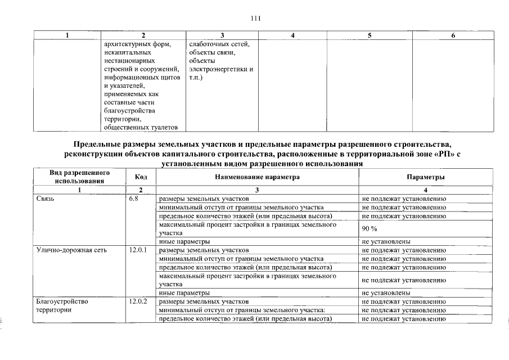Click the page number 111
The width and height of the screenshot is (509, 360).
click(255, 18)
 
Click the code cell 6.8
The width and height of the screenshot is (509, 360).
click(134, 199)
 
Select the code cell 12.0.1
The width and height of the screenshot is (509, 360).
click(137, 250)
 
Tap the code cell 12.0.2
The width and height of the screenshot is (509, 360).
click(137, 301)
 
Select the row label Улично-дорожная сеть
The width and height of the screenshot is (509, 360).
click(71, 250)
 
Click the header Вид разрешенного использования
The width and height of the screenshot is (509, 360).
click(79, 177)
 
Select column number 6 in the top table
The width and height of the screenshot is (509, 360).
click(453, 35)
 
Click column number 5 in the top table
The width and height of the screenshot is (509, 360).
click(370, 35)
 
